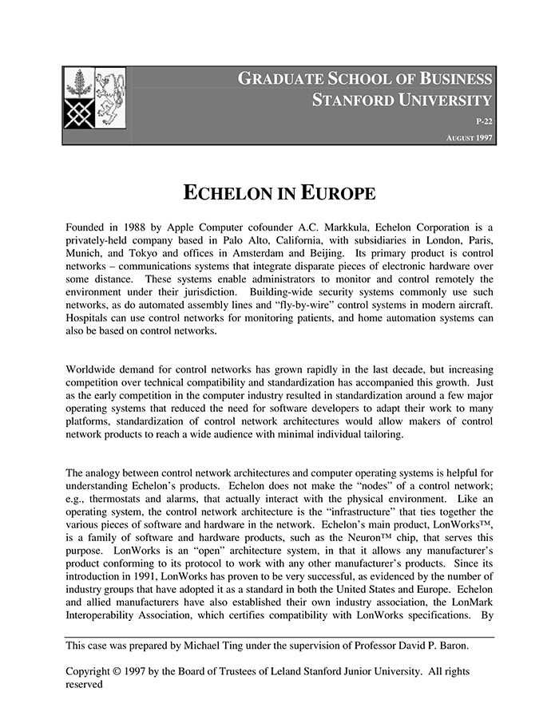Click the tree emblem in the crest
[x=79, y=83]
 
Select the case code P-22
[x=484, y=121]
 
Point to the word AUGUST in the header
[x=461, y=138]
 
